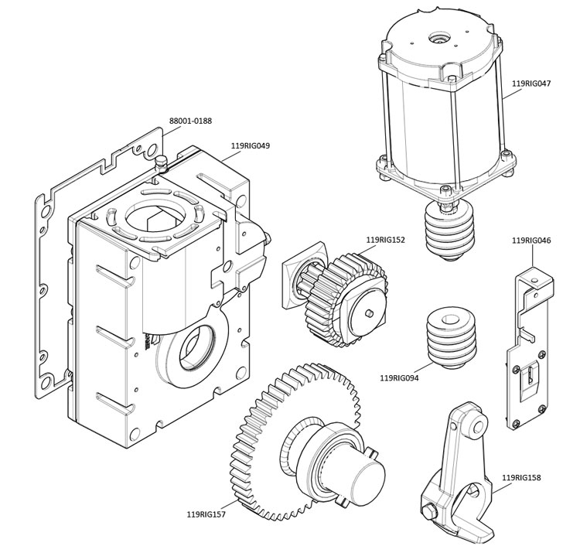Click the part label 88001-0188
click(190, 121)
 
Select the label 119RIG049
click(250, 145)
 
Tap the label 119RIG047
click(531, 81)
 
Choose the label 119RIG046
click(531, 241)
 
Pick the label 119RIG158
click(521, 477)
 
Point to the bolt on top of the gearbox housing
click(162, 162)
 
